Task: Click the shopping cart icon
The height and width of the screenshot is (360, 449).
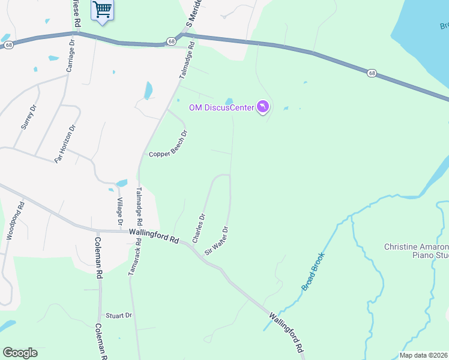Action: [x=103, y=10]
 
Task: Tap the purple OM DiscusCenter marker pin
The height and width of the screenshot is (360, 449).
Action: [x=263, y=107]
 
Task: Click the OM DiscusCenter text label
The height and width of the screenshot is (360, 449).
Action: [x=220, y=108]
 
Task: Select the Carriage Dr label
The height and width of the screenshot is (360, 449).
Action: [x=70, y=58]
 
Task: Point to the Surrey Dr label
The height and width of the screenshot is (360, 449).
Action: [x=29, y=117]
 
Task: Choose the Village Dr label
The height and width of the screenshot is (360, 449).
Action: [x=120, y=211]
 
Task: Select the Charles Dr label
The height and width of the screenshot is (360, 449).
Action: [x=199, y=228]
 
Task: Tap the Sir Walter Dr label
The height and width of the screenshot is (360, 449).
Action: [x=217, y=241]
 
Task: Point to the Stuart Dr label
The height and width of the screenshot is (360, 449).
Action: [x=118, y=315]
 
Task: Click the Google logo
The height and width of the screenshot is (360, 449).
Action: [x=20, y=353]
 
